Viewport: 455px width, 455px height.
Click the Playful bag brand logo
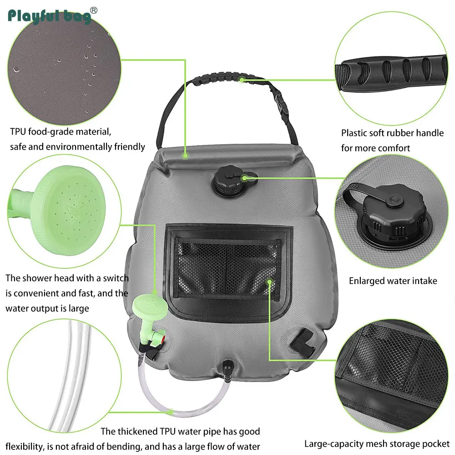click(49, 16)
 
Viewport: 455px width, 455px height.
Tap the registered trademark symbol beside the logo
click(94, 10)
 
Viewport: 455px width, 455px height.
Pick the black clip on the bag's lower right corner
click(303, 343)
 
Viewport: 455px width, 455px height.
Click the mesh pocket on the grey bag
click(228, 269)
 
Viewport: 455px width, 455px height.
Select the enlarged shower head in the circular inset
click(59, 210)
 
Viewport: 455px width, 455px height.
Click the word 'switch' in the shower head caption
click(116, 278)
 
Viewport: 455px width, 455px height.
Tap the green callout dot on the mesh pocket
click(269, 282)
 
